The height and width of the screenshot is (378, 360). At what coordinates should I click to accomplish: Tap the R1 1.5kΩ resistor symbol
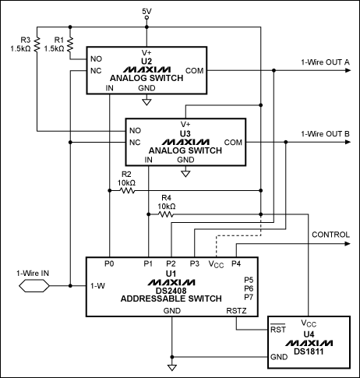tap(69, 40)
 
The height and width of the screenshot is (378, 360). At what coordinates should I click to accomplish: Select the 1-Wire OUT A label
tap(325, 62)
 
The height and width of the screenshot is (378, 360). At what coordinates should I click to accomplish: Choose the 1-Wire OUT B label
tap(325, 134)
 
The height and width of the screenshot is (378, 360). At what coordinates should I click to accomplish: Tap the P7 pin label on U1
tap(249, 297)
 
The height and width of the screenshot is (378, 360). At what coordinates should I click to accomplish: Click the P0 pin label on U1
tap(109, 263)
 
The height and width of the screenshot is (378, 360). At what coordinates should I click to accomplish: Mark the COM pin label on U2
tap(195, 69)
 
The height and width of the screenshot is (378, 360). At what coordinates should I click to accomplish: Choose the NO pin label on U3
tap(136, 130)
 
